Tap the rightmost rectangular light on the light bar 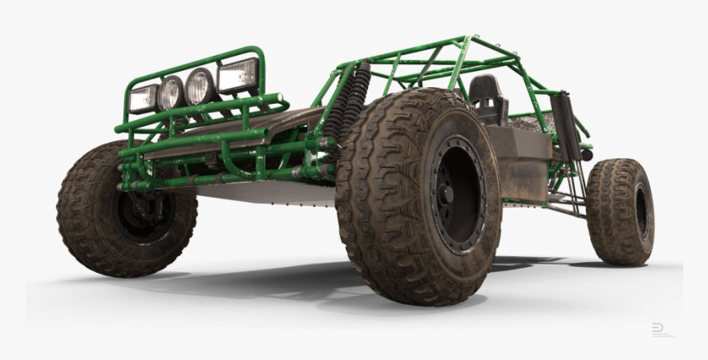237,76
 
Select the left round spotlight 170,93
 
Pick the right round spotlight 200,86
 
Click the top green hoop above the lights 198,60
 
